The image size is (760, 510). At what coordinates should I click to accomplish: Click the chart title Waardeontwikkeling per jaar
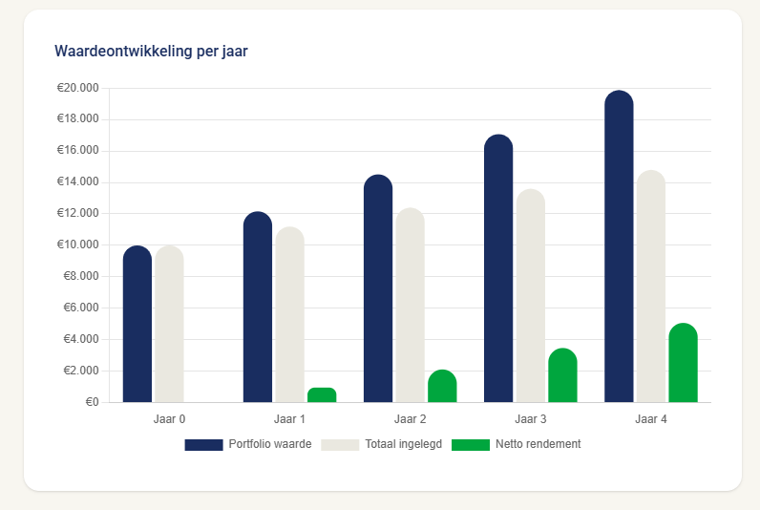point(151,52)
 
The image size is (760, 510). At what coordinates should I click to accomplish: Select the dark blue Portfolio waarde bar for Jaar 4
point(619,248)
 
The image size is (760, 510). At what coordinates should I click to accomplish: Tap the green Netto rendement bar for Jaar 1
point(322,394)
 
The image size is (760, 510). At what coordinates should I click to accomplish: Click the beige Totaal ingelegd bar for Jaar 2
point(411,306)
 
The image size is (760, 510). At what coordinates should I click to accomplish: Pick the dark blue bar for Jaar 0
point(137,325)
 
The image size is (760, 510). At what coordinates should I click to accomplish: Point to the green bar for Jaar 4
point(683,363)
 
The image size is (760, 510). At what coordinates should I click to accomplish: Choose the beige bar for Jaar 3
point(531,296)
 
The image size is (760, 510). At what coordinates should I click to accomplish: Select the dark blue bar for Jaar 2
point(378,288)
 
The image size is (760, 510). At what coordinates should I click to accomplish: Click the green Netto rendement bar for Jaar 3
point(562,375)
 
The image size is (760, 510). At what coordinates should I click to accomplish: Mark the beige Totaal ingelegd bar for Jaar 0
point(169,325)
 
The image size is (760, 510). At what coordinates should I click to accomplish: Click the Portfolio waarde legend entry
point(248,444)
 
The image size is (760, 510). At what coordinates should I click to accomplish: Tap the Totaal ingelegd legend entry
point(381,444)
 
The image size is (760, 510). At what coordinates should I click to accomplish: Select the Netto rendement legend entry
point(516,444)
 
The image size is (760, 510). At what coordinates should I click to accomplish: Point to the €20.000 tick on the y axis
point(78,88)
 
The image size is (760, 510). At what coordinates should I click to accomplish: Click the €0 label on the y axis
point(92,402)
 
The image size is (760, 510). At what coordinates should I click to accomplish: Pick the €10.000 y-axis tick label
point(78,244)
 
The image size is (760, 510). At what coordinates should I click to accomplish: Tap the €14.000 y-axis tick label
point(78,182)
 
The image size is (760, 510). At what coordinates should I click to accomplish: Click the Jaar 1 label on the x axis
point(289,419)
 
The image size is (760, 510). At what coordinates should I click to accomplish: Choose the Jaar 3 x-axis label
point(530,419)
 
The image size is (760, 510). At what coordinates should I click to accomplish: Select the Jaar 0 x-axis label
point(169,419)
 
